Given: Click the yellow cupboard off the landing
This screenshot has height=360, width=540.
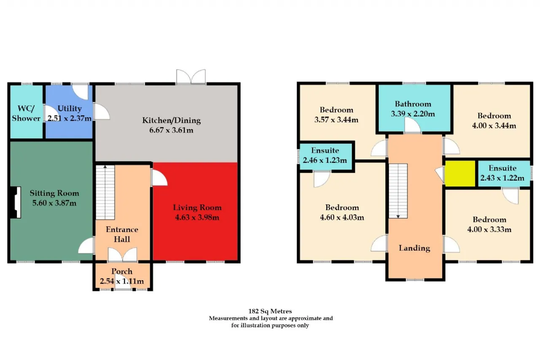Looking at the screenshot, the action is point(460,173).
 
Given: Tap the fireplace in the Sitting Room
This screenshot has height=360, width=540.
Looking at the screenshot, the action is point(16,202).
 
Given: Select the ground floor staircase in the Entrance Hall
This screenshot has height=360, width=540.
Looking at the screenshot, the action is point(105,192).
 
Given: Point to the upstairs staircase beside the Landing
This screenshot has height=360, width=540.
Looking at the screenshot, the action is point(398,191).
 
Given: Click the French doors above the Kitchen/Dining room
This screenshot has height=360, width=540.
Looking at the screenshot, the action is point(191,77).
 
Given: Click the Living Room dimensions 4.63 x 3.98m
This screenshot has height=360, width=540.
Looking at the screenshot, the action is point(197,217).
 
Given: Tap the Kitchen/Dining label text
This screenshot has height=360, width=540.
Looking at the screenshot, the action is point(171,120).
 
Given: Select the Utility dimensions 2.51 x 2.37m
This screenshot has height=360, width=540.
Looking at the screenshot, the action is point(70,119).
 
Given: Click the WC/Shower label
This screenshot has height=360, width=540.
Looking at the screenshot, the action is point(26,114).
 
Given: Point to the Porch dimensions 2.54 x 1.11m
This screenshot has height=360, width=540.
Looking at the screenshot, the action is point(122,281).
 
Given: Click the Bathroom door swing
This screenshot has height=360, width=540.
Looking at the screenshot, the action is point(413,125).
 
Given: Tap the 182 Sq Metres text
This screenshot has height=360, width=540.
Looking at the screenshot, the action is point(270,311).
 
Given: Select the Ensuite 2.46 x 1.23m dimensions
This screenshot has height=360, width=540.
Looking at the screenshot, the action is point(325,160).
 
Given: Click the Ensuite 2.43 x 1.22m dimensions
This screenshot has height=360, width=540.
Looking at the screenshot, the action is point(502,178).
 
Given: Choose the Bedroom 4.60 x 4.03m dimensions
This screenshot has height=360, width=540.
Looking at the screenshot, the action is point(342,217).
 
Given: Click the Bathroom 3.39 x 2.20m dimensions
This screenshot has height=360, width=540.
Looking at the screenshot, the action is point(413,114).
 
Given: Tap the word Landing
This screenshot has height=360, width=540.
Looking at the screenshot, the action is point(414,248).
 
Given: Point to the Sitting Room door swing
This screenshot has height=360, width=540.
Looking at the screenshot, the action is point(86,245).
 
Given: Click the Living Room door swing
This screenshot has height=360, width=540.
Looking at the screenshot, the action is point(159,178).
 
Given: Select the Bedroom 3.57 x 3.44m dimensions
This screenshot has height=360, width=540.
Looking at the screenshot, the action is point(336,120).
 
